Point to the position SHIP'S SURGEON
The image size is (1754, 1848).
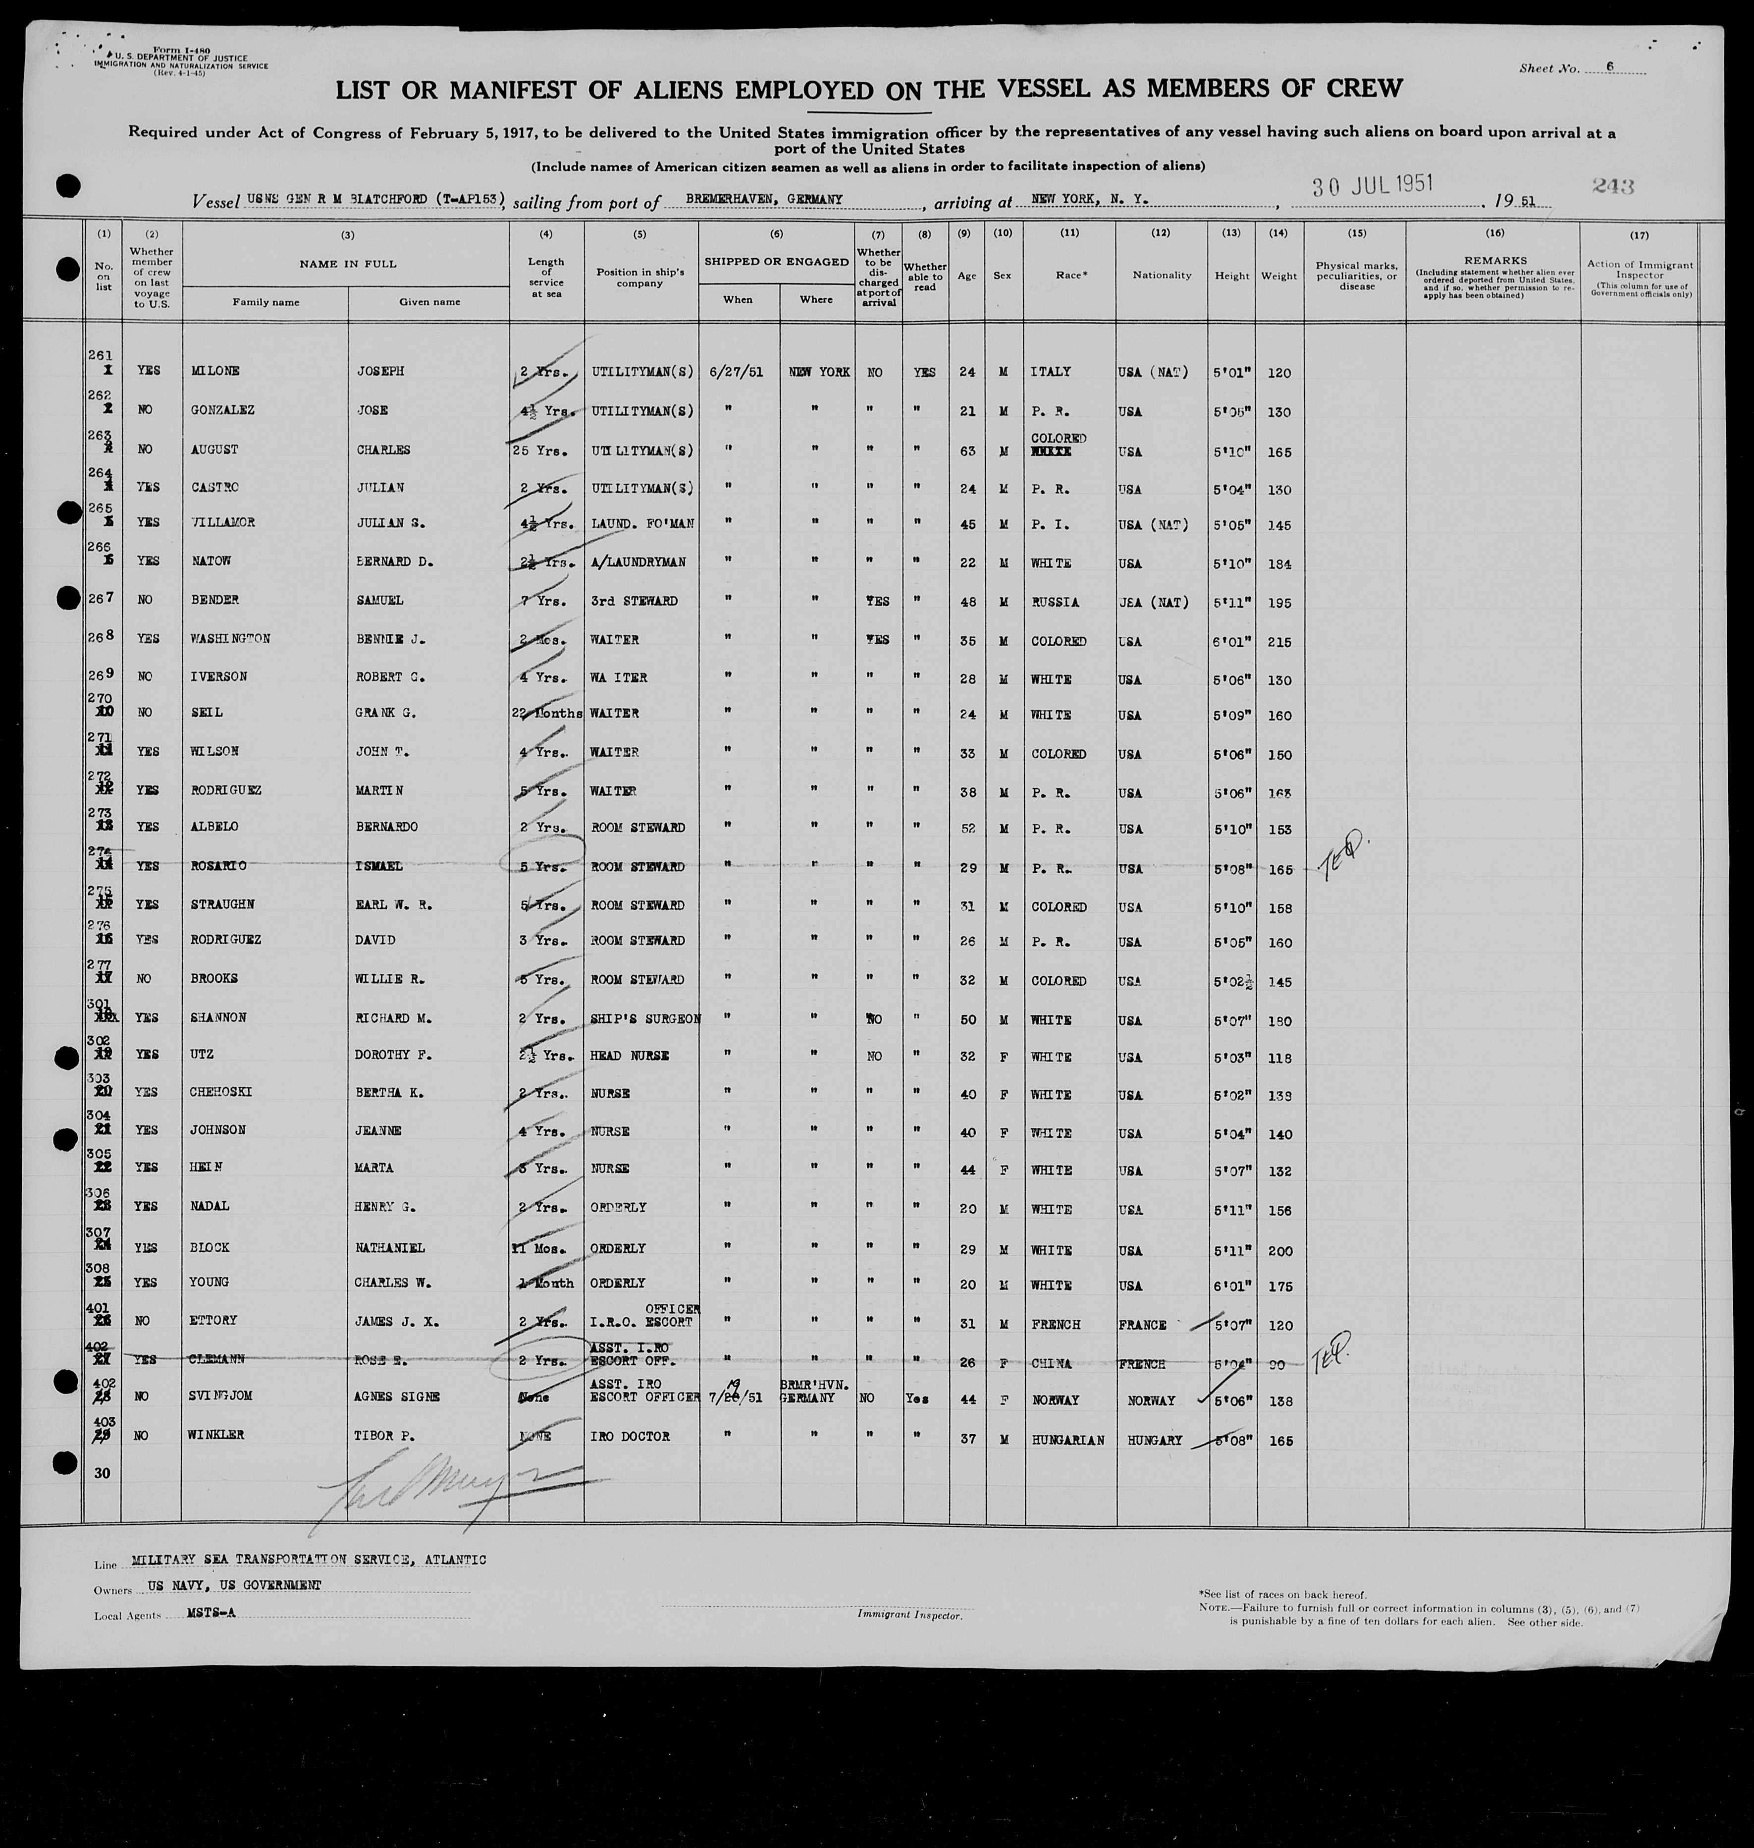click(x=645, y=1018)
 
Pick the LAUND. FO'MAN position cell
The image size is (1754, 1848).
click(x=642, y=524)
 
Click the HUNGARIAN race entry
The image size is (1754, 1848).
click(x=1068, y=1440)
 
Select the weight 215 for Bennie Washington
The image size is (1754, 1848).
click(x=1278, y=642)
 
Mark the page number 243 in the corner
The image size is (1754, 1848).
click(x=1614, y=186)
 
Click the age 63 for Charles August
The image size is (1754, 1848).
click(x=967, y=451)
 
